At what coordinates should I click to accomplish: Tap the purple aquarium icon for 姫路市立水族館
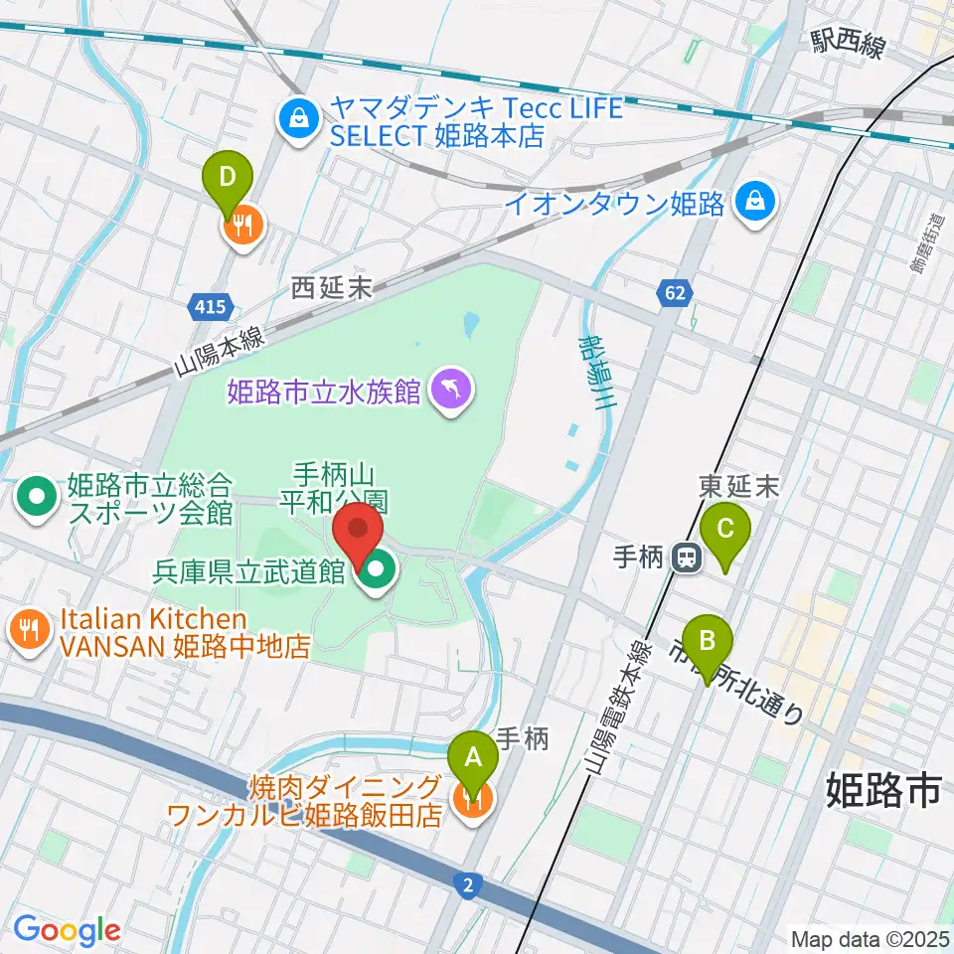[451, 387]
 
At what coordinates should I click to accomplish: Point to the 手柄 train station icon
[686, 557]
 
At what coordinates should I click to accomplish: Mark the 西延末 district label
[331, 288]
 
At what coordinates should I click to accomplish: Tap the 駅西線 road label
[847, 44]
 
